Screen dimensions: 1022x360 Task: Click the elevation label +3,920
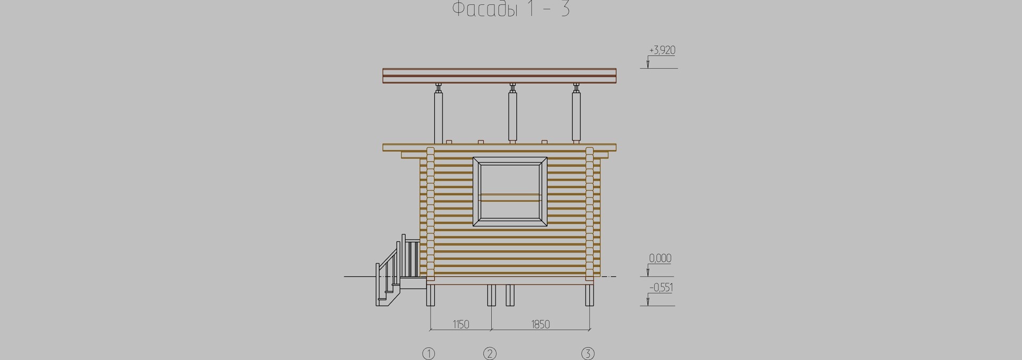coord(662,51)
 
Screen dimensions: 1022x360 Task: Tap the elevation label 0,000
coord(660,258)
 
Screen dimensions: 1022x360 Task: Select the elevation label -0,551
coord(661,288)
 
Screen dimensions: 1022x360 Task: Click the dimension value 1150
coord(460,324)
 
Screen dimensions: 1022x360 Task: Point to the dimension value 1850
coord(540,324)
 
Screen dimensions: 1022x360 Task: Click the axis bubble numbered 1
coord(428,354)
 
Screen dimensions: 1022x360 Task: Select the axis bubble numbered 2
coord(490,354)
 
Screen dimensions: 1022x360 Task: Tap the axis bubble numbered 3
coord(588,354)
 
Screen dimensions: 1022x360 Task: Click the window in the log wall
coord(510,192)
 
